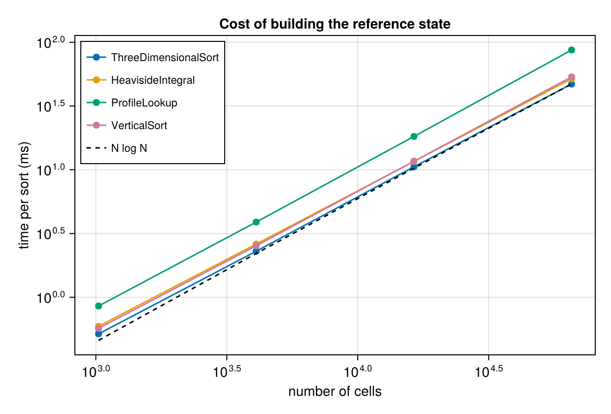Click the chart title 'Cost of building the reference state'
pos(335,24)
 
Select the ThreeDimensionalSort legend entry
pos(153,57)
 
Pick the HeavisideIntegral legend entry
pos(140,80)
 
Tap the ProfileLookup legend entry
pos(132,103)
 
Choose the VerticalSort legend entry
pos(127,125)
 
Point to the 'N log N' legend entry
pos(116,148)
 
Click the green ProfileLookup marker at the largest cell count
pos(572,50)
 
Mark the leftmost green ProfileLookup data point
pos(99,306)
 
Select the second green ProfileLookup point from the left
pos(256,222)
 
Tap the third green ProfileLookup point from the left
pos(414,136)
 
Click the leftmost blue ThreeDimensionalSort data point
pos(99,334)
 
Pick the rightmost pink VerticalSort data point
pos(572,77)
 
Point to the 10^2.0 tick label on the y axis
pos(51,42)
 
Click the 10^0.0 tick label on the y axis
pos(51,297)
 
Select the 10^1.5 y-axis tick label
pos(51,106)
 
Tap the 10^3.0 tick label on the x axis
pos(96,372)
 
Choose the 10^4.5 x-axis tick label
pos(488,372)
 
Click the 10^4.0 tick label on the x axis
pos(358,372)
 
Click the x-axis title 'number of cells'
pos(335,391)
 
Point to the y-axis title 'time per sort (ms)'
pos(24,195)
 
